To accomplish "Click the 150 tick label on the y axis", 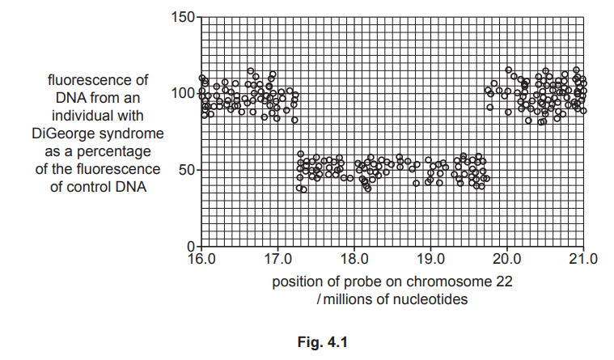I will (x=184, y=17).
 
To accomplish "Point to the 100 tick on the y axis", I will (x=184, y=93).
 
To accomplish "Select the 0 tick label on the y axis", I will (x=190, y=246).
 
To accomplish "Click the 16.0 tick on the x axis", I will (x=201, y=260).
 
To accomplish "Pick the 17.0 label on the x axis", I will (x=277, y=260).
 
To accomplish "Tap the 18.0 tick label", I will (x=354, y=260).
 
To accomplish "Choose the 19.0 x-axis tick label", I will (x=430, y=260).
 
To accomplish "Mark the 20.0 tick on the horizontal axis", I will (x=506, y=260).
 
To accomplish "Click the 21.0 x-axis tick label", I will (x=582, y=260).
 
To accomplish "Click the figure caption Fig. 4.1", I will (x=321, y=342).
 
